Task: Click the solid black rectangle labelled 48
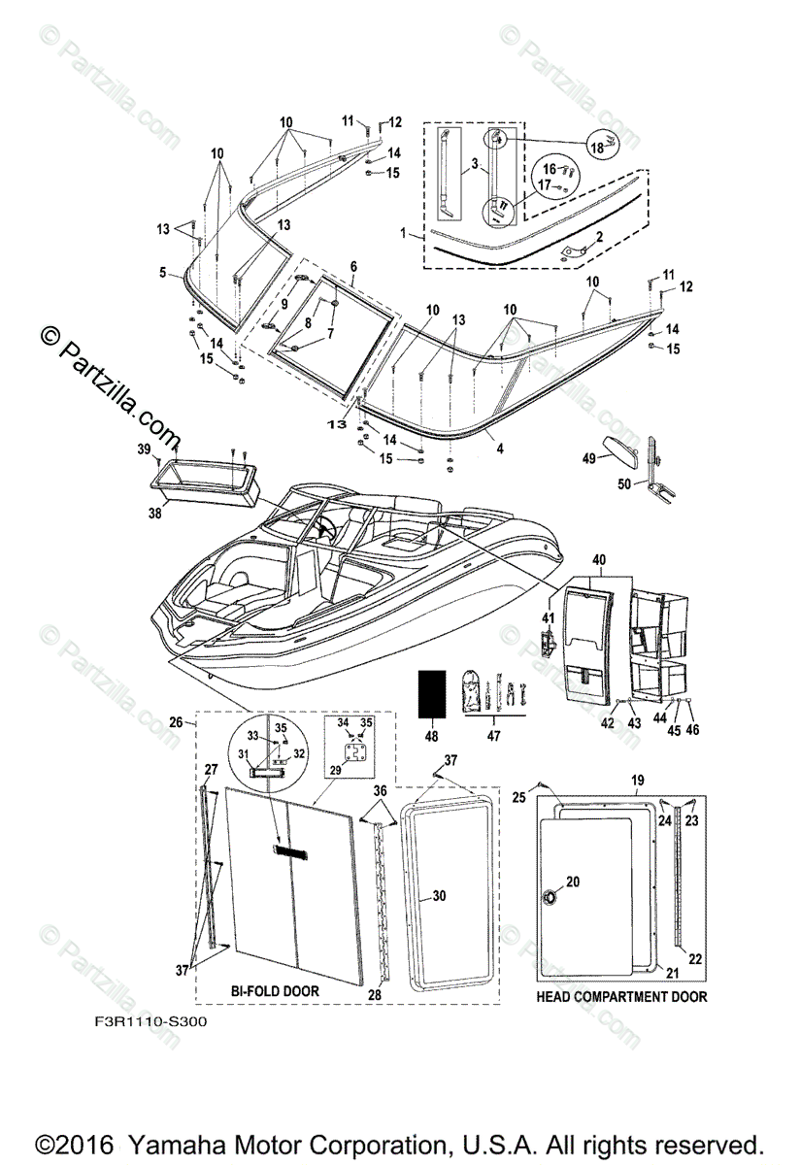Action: (x=432, y=692)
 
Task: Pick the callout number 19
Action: (x=638, y=780)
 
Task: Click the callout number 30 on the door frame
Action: (x=440, y=896)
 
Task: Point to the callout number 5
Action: (x=163, y=273)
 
